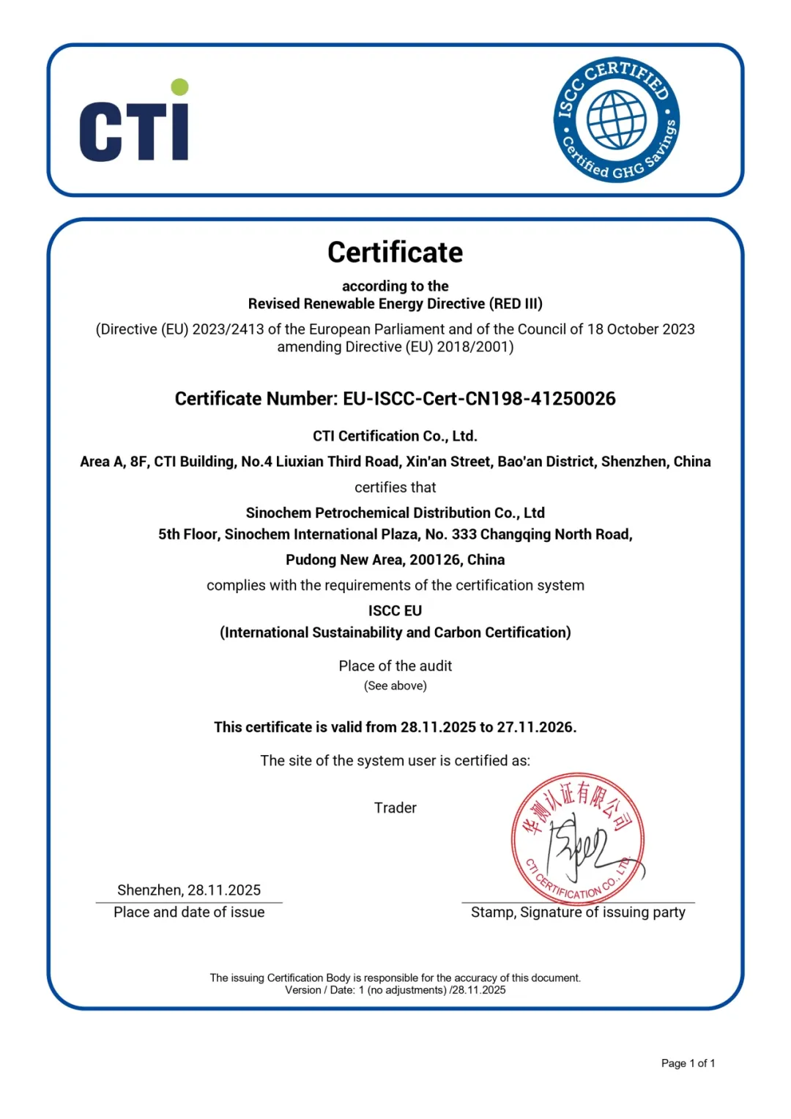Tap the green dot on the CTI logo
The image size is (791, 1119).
179,87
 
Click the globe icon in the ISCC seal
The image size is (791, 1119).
617,119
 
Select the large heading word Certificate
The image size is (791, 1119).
395,253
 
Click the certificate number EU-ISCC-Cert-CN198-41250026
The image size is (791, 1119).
479,399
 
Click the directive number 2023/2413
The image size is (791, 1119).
228,330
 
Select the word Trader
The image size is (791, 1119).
395,808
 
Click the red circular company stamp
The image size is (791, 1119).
578,839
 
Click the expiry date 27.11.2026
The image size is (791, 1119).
535,727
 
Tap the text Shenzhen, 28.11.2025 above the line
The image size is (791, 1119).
189,891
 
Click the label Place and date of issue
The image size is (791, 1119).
189,912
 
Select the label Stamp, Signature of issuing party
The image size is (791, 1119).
578,912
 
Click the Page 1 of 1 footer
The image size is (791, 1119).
688,1063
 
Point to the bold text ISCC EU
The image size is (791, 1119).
395,611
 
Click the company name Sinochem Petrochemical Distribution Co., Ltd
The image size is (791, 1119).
395,513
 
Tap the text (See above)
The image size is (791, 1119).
395,686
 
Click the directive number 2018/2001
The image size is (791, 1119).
473,347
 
